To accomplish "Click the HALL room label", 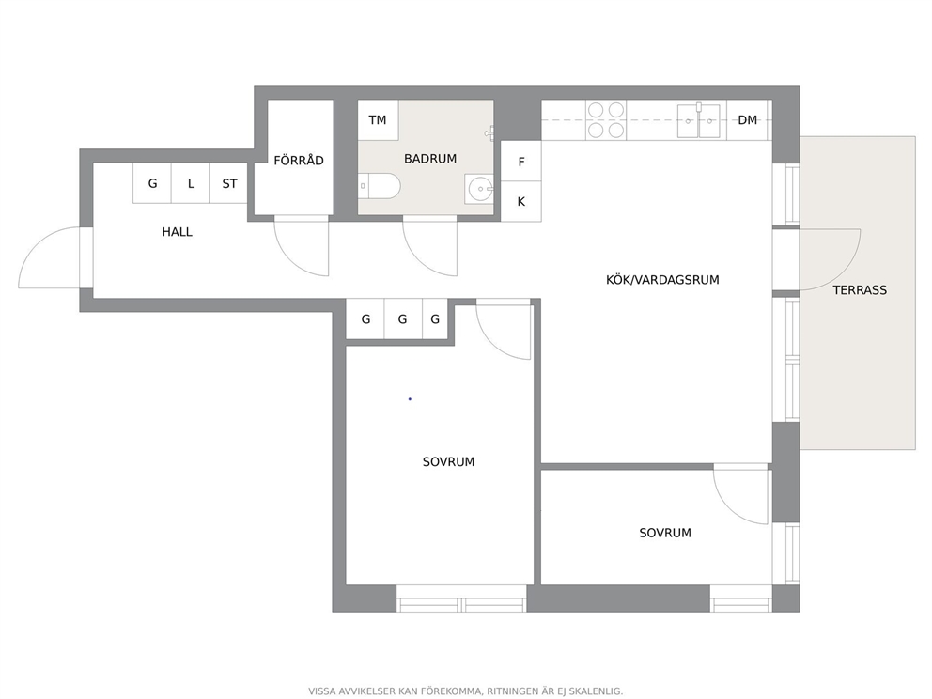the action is coord(178,232).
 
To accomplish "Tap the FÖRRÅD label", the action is coord(299,160).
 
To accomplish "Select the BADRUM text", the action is coord(430,159).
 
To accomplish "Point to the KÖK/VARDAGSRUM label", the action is coord(662,279).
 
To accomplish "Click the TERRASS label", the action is coord(860,290).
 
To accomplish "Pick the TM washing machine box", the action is coord(378,120).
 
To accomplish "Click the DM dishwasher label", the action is coord(748,120).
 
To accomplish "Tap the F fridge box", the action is coord(521,161).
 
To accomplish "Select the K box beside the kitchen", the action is coord(521,201).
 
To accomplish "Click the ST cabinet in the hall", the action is coord(229,183).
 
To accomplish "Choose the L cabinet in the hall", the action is coord(191,183).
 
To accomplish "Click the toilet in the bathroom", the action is coord(380,186).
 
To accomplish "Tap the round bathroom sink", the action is coord(480,190).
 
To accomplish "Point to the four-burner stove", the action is coord(606,120).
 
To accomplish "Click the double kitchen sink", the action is coord(699,120).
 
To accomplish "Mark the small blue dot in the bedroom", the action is coord(410,399).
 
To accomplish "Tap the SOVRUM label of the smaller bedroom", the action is coord(665,533).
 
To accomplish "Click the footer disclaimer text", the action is coord(465,691).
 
